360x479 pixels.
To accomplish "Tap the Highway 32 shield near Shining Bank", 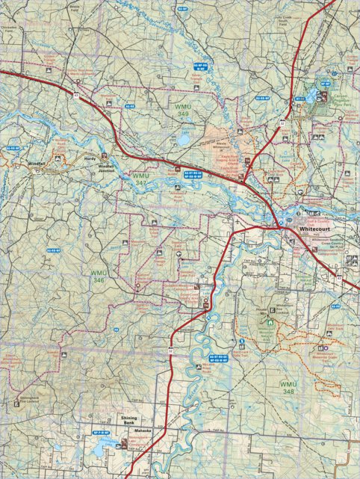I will click(170, 350).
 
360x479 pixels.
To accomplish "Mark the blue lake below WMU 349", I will click(182, 139).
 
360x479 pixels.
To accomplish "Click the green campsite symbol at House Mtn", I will click(271, 321).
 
